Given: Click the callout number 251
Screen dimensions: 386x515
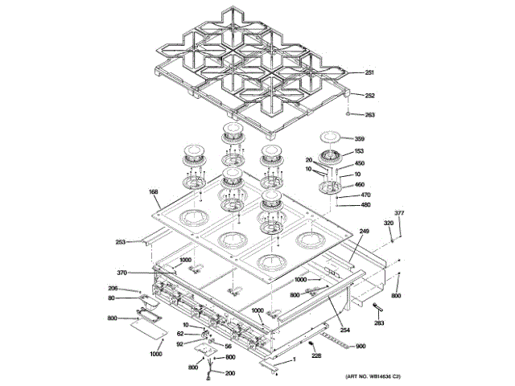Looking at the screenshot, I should click(369, 73).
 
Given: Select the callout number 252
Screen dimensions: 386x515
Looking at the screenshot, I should click(369, 96).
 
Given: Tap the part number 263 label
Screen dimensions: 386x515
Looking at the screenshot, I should click(369, 115).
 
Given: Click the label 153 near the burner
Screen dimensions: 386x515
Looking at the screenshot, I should click(359, 151).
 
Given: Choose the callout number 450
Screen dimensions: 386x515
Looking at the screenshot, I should click(359, 163).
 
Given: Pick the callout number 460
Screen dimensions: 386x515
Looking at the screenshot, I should click(359, 184).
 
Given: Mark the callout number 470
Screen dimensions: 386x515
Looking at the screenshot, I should click(365, 195).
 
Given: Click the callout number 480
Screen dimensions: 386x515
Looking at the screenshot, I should click(365, 204).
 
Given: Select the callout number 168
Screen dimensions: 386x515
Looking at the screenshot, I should click(153, 192).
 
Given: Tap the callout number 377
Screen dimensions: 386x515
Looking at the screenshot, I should click(398, 213).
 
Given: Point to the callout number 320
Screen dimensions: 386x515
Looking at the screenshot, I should click(388, 223).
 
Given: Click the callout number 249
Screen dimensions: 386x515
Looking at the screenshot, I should click(364, 232).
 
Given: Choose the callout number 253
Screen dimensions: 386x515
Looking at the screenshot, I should click(121, 241).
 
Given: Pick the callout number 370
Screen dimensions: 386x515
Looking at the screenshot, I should click(122, 272).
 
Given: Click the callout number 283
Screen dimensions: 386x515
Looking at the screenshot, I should click(379, 323).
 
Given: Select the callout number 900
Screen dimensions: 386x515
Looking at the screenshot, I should click(360, 346).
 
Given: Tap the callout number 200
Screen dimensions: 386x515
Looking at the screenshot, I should click(230, 373).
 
